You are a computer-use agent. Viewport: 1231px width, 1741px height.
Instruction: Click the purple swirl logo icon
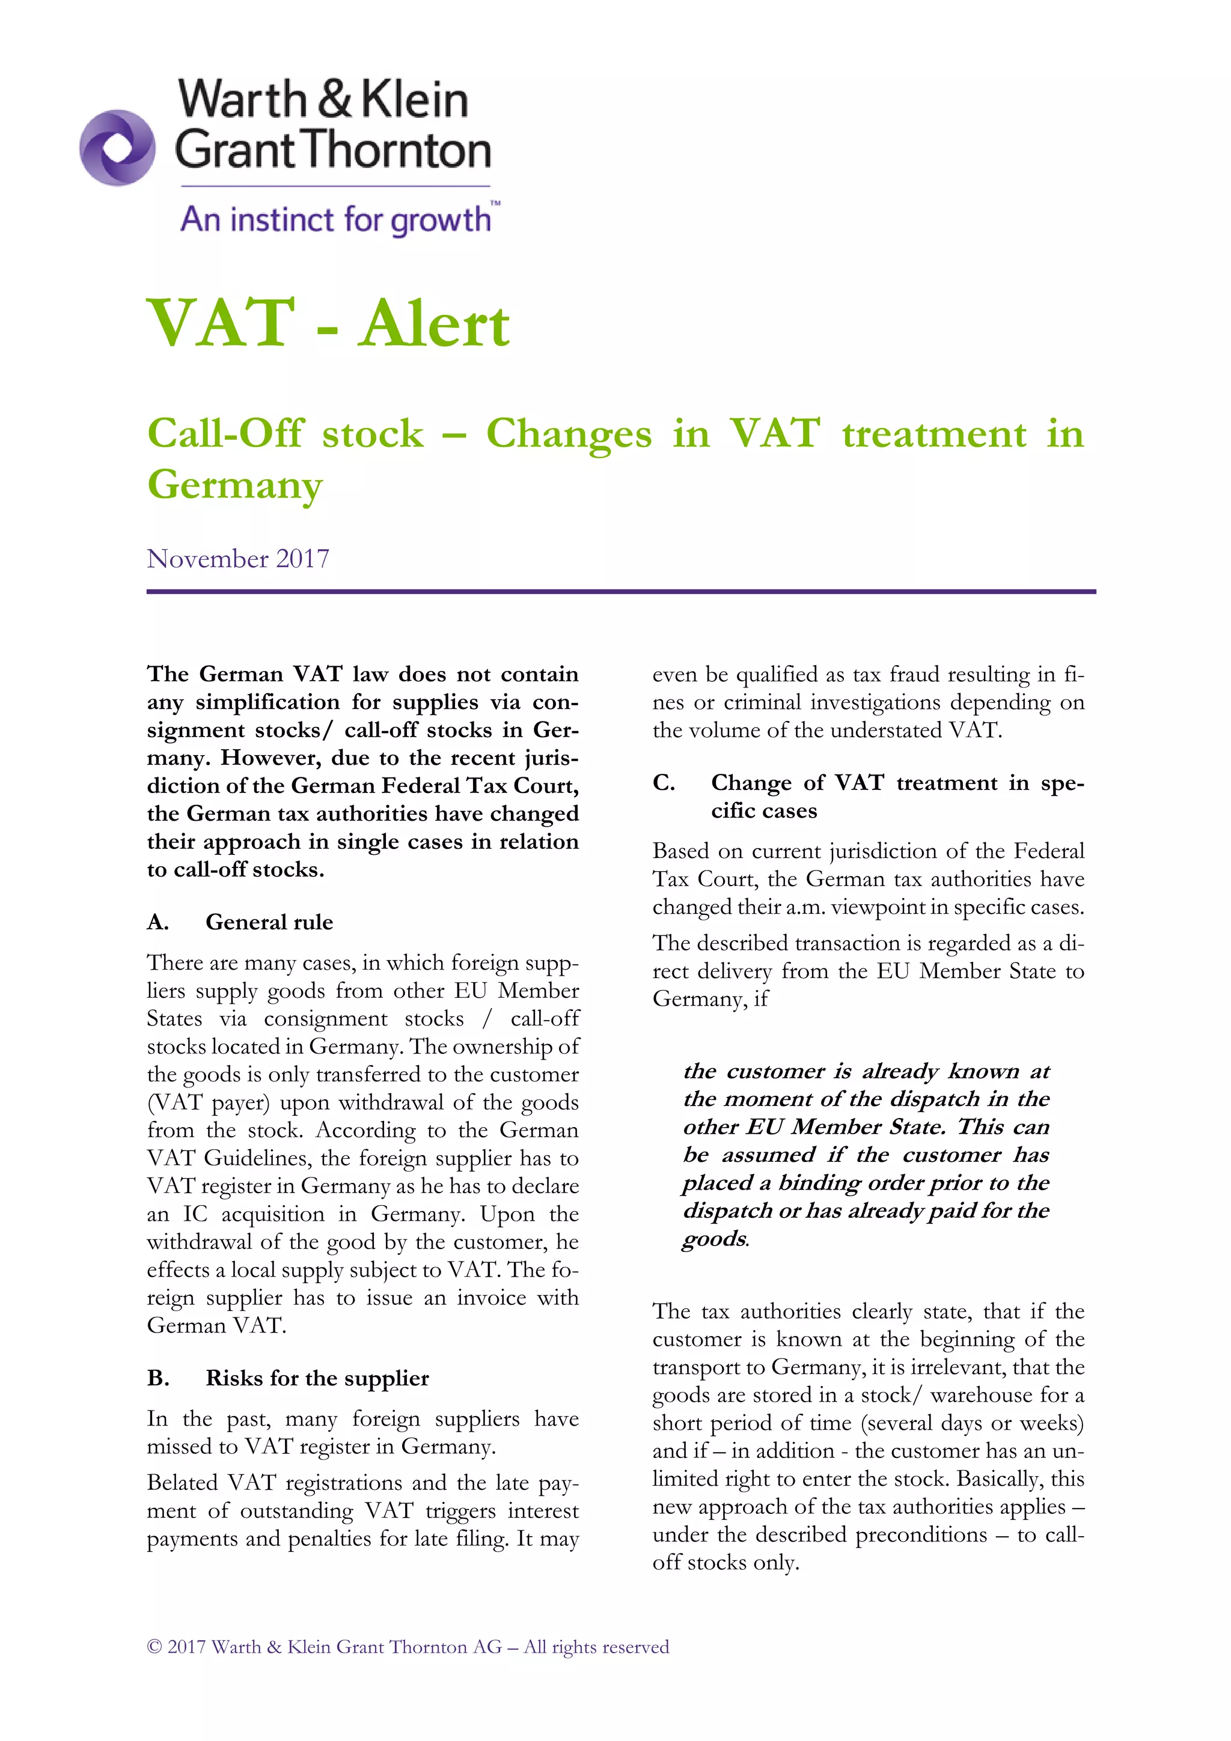coord(118,148)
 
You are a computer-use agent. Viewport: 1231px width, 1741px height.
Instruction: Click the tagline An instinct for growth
coord(335,220)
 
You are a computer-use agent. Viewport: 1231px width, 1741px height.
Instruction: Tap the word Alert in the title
coord(434,324)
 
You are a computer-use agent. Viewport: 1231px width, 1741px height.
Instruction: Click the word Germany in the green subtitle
coord(234,485)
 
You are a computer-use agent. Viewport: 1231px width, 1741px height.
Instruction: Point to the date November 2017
coord(237,559)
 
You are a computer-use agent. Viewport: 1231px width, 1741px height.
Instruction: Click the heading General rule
coord(269,922)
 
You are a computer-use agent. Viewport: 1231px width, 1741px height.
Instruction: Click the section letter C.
coord(663,783)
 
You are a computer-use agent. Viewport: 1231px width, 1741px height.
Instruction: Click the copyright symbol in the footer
coord(154,1647)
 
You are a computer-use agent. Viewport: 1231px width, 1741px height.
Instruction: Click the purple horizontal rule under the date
coord(620,592)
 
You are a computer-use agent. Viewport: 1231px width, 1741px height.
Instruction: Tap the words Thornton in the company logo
coord(398,150)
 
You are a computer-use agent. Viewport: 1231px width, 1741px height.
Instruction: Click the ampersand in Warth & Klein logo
coord(334,100)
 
